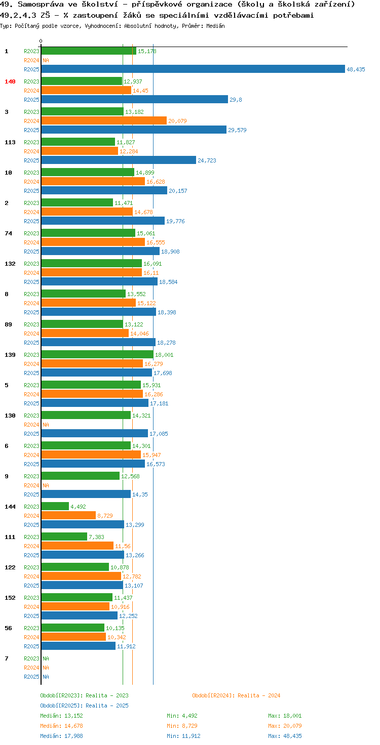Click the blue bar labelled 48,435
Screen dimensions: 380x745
tap(193, 69)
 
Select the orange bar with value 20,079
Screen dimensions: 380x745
tap(104, 121)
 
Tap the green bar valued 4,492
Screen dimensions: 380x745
tap(55, 506)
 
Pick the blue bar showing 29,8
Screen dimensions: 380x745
tap(135, 99)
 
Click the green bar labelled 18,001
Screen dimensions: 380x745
tap(97, 355)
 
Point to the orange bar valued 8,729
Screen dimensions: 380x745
tap(68, 516)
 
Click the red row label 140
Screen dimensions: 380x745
tap(10, 81)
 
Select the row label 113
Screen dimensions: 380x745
tap(10, 142)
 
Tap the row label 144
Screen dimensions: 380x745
tap(10, 507)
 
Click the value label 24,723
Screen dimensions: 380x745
tap(207, 160)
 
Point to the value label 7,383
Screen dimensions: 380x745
tap(96, 537)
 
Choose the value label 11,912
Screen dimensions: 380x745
tap(126, 646)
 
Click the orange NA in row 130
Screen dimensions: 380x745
tap(46, 425)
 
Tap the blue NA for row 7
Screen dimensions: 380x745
tap(46, 677)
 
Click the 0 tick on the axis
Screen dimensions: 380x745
tap(41, 41)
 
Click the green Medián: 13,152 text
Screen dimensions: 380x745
tap(62, 716)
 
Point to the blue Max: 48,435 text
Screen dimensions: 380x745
tap(285, 736)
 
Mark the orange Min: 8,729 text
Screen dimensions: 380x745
tap(182, 726)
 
